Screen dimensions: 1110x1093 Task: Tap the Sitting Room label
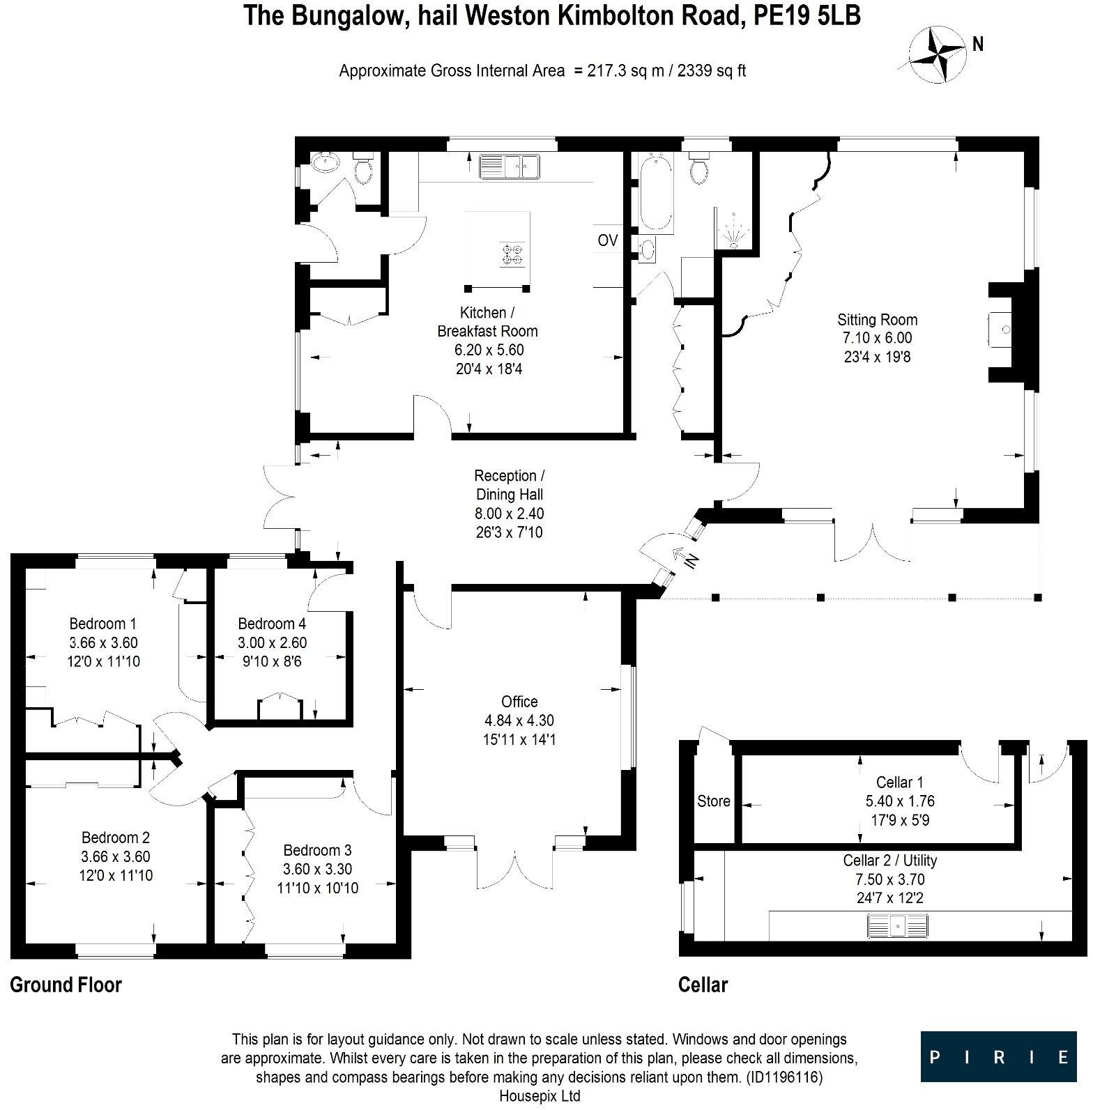(x=877, y=320)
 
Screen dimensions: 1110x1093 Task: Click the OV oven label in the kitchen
(x=608, y=240)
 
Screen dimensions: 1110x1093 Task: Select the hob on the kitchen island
(x=512, y=254)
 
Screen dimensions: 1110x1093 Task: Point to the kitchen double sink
(x=510, y=166)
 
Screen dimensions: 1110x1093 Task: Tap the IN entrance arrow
(x=683, y=557)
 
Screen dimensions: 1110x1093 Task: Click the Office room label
(x=519, y=702)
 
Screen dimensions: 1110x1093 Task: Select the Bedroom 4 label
(x=272, y=624)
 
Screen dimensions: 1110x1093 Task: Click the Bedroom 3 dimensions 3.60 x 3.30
(x=317, y=869)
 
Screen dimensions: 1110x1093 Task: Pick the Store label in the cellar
(x=713, y=801)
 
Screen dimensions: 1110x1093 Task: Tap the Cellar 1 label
(x=899, y=783)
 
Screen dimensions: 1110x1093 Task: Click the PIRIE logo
(x=998, y=1056)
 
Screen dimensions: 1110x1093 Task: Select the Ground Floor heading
(x=66, y=985)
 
